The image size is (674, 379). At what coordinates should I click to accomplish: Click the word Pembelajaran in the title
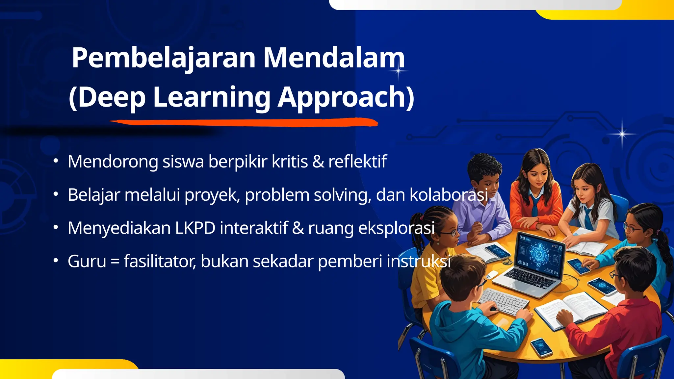coord(164,58)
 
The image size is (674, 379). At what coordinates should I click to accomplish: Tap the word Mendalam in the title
coord(334,58)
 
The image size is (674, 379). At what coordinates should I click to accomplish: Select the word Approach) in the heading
coord(346,97)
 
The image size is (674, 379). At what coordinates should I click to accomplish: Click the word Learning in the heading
coord(212,97)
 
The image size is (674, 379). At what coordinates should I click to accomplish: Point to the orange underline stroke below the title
coord(244,123)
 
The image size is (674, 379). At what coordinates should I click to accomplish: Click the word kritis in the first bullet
coord(290,162)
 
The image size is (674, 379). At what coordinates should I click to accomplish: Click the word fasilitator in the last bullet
coord(160,262)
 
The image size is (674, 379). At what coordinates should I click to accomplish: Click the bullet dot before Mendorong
coord(56,161)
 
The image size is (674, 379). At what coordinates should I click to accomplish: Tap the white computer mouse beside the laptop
coord(492,275)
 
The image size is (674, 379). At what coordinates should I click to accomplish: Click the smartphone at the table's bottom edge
coord(541,347)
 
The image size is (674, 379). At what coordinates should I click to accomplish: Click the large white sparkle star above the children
coord(622,134)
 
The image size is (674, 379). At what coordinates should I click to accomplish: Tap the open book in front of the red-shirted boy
coord(571,309)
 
